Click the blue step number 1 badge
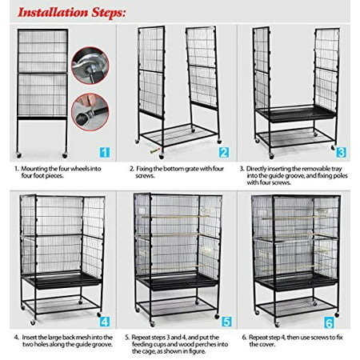(x=105, y=153)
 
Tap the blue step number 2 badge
(x=224, y=153)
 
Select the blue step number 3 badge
(x=341, y=153)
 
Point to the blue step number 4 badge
(x=105, y=322)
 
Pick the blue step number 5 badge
(x=226, y=322)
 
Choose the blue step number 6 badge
(x=329, y=323)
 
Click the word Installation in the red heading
(x=53, y=12)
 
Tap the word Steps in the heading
(x=109, y=13)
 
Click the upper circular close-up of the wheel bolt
(x=90, y=66)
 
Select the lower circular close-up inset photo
(x=90, y=112)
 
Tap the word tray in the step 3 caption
(x=336, y=169)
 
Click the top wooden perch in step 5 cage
(x=174, y=217)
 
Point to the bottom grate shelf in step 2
(x=178, y=135)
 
